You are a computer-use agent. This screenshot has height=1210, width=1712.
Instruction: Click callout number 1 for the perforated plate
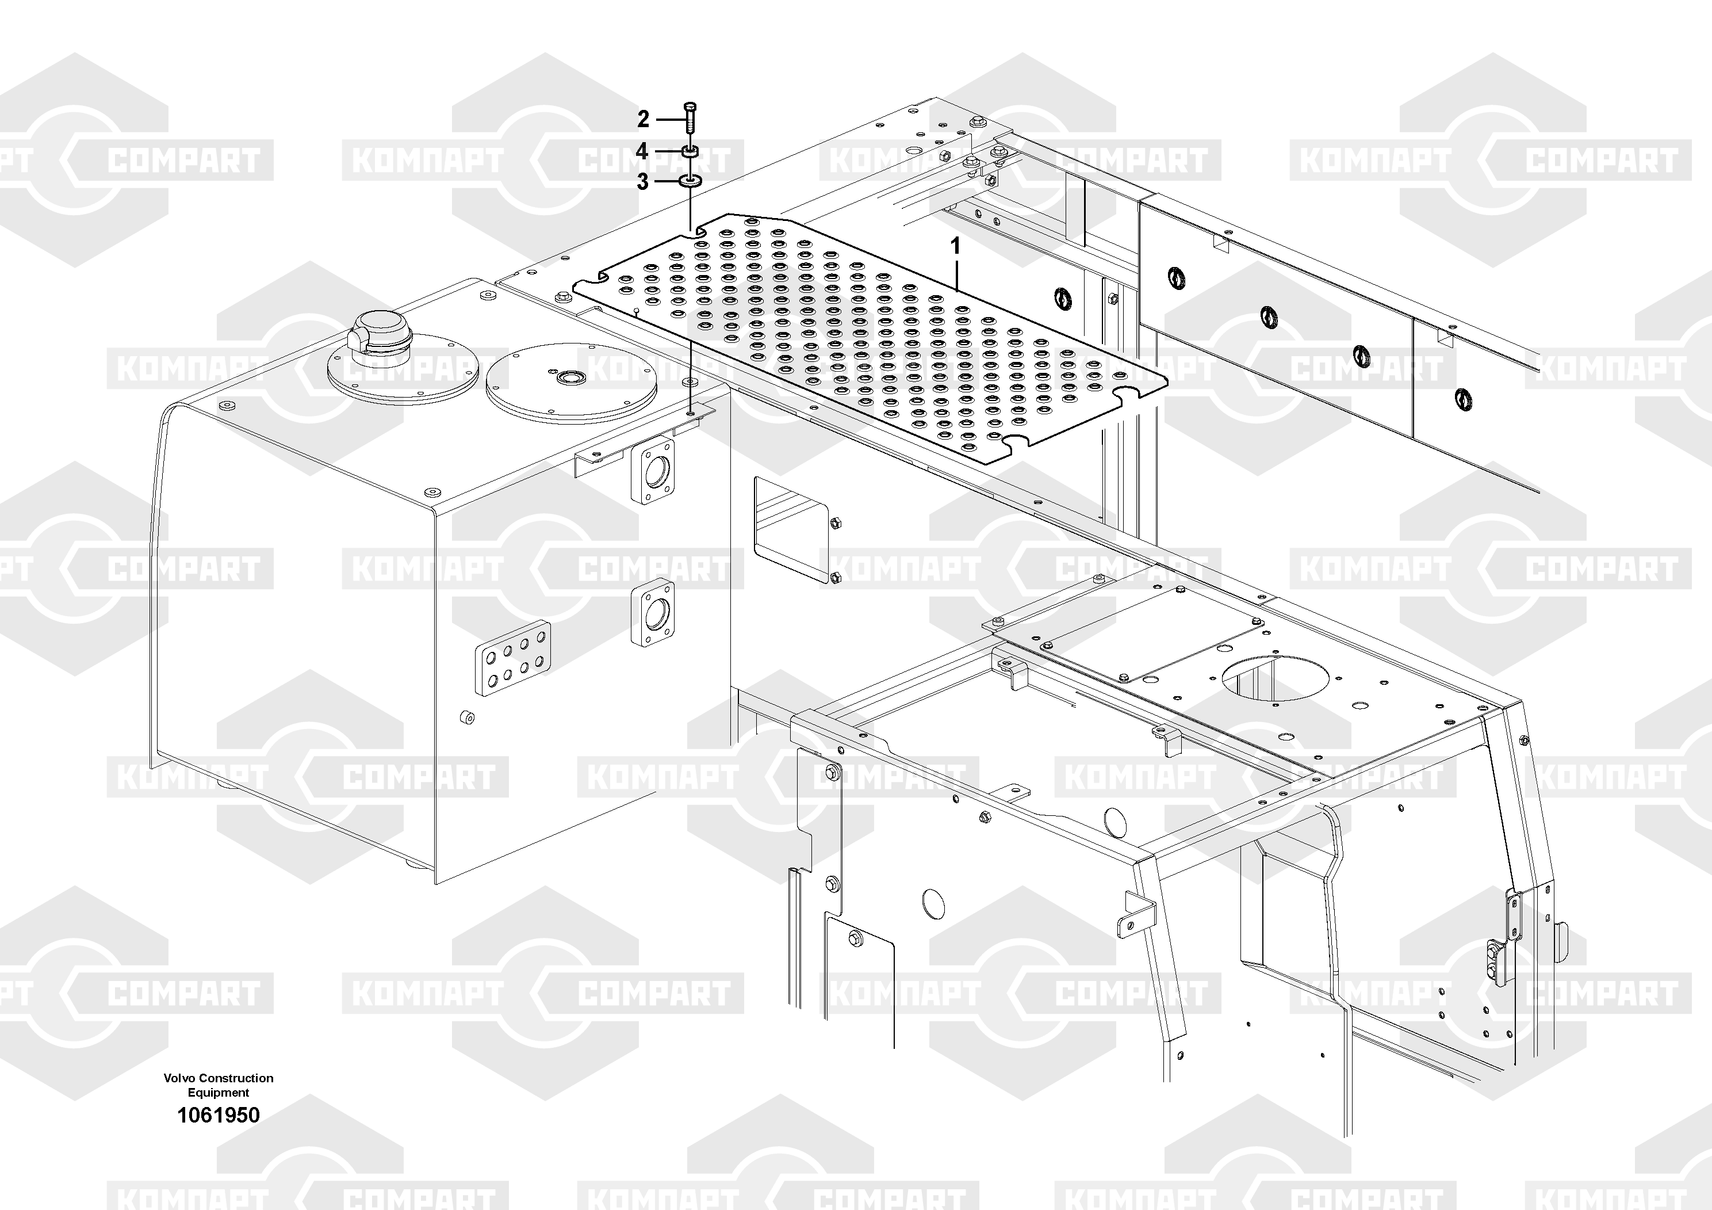point(955,246)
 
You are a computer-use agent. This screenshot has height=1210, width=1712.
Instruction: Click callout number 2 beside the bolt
point(644,119)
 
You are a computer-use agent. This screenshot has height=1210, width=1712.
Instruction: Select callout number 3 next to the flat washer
point(643,181)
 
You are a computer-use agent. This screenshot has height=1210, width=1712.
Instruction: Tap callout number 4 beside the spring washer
point(642,151)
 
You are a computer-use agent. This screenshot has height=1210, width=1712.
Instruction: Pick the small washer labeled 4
point(691,151)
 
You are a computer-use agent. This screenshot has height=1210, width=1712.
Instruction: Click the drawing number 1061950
point(219,1115)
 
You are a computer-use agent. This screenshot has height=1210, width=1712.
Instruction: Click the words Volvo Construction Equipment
point(219,1085)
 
